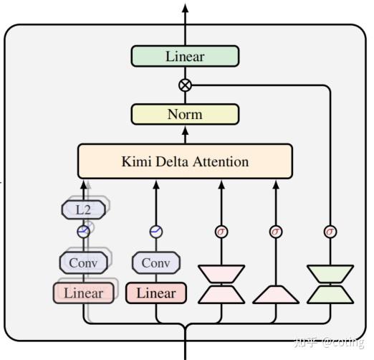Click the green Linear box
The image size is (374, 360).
pyautogui.click(x=185, y=57)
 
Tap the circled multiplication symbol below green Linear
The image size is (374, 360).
pyautogui.click(x=185, y=85)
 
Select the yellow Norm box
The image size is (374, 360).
pyautogui.click(x=185, y=114)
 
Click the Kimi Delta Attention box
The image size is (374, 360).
pyautogui.click(x=185, y=161)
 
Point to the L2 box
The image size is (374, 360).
pyautogui.click(x=83, y=210)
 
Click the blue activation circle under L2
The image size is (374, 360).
pyautogui.click(x=84, y=232)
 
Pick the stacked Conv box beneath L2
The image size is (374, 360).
pyautogui.click(x=83, y=262)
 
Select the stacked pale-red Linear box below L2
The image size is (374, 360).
pyautogui.click(x=83, y=293)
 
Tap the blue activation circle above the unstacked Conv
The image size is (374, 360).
pyautogui.click(x=155, y=232)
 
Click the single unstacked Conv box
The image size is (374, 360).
pyautogui.click(x=155, y=262)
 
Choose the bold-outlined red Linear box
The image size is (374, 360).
pyautogui.click(x=155, y=293)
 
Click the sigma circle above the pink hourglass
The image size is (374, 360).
pyautogui.click(x=221, y=232)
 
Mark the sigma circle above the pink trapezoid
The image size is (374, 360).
pyautogui.click(x=276, y=232)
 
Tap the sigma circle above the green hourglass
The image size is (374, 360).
pyautogui.click(x=330, y=232)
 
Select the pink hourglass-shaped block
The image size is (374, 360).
pyautogui.click(x=221, y=284)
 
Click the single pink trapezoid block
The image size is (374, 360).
pyautogui.click(x=276, y=293)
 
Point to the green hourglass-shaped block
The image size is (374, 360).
pyautogui.click(x=330, y=284)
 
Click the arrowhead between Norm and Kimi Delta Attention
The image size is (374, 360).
pyautogui.click(x=185, y=131)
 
